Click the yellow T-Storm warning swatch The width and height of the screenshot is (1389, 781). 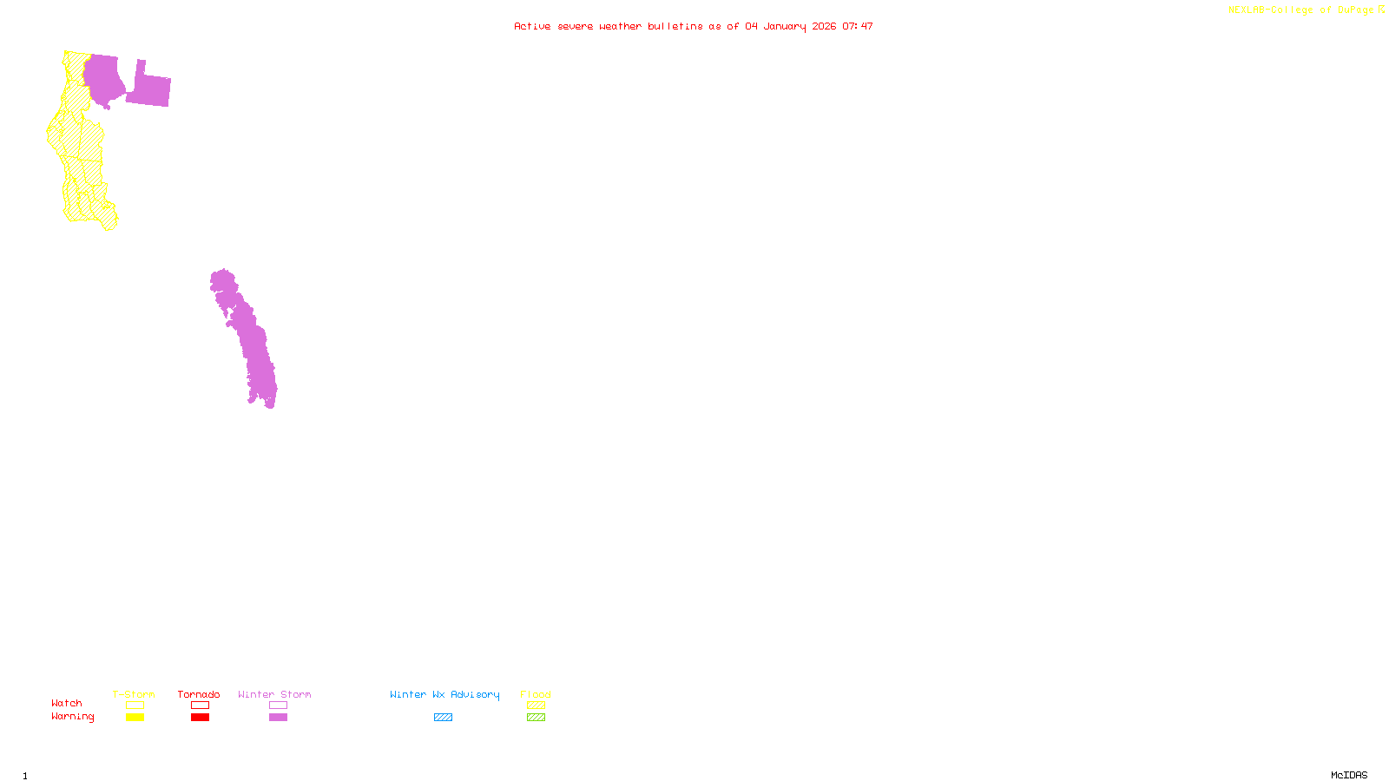[x=135, y=718]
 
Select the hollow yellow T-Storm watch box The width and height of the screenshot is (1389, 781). [x=135, y=706]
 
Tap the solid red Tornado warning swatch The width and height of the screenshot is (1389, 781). [x=200, y=718]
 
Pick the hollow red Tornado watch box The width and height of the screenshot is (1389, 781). [x=200, y=706]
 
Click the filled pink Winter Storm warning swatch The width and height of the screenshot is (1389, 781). [x=278, y=718]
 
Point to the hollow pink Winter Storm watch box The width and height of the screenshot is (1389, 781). [x=278, y=706]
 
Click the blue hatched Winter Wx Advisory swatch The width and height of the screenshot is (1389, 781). [x=443, y=718]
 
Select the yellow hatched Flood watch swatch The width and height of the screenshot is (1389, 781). [x=536, y=706]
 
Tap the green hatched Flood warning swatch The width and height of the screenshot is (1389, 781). [x=536, y=718]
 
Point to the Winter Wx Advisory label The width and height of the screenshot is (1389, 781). [x=444, y=694]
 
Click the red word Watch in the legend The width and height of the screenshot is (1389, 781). [x=67, y=703]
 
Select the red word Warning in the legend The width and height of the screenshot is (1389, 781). [x=72, y=717]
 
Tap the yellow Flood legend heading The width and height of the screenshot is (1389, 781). [x=536, y=694]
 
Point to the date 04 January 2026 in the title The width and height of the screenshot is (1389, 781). [x=790, y=26]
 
